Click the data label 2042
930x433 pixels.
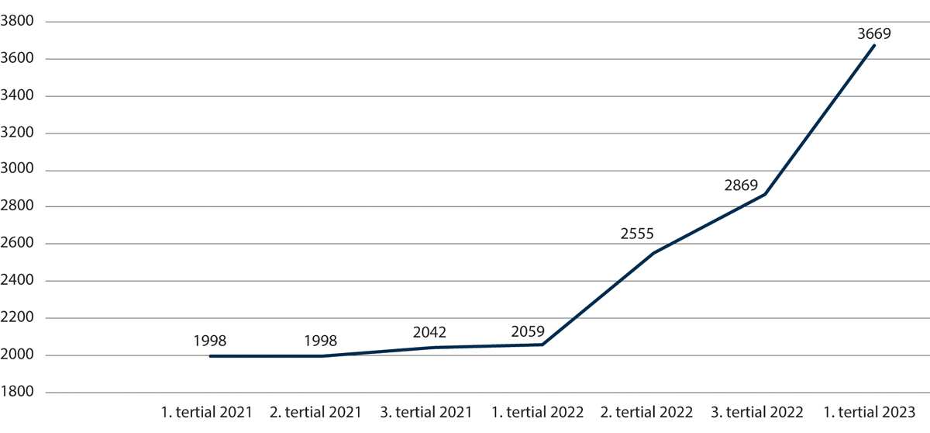430,332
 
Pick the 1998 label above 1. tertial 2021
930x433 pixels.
209,341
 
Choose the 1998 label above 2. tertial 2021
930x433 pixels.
320,341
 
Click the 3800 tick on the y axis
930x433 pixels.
19,22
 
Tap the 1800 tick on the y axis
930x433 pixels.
19,393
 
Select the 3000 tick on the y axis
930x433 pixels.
19,170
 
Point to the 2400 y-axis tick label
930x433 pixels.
19,281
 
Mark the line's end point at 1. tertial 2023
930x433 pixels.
873,46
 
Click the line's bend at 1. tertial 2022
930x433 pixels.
542,345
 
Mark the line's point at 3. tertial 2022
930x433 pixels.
763,194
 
